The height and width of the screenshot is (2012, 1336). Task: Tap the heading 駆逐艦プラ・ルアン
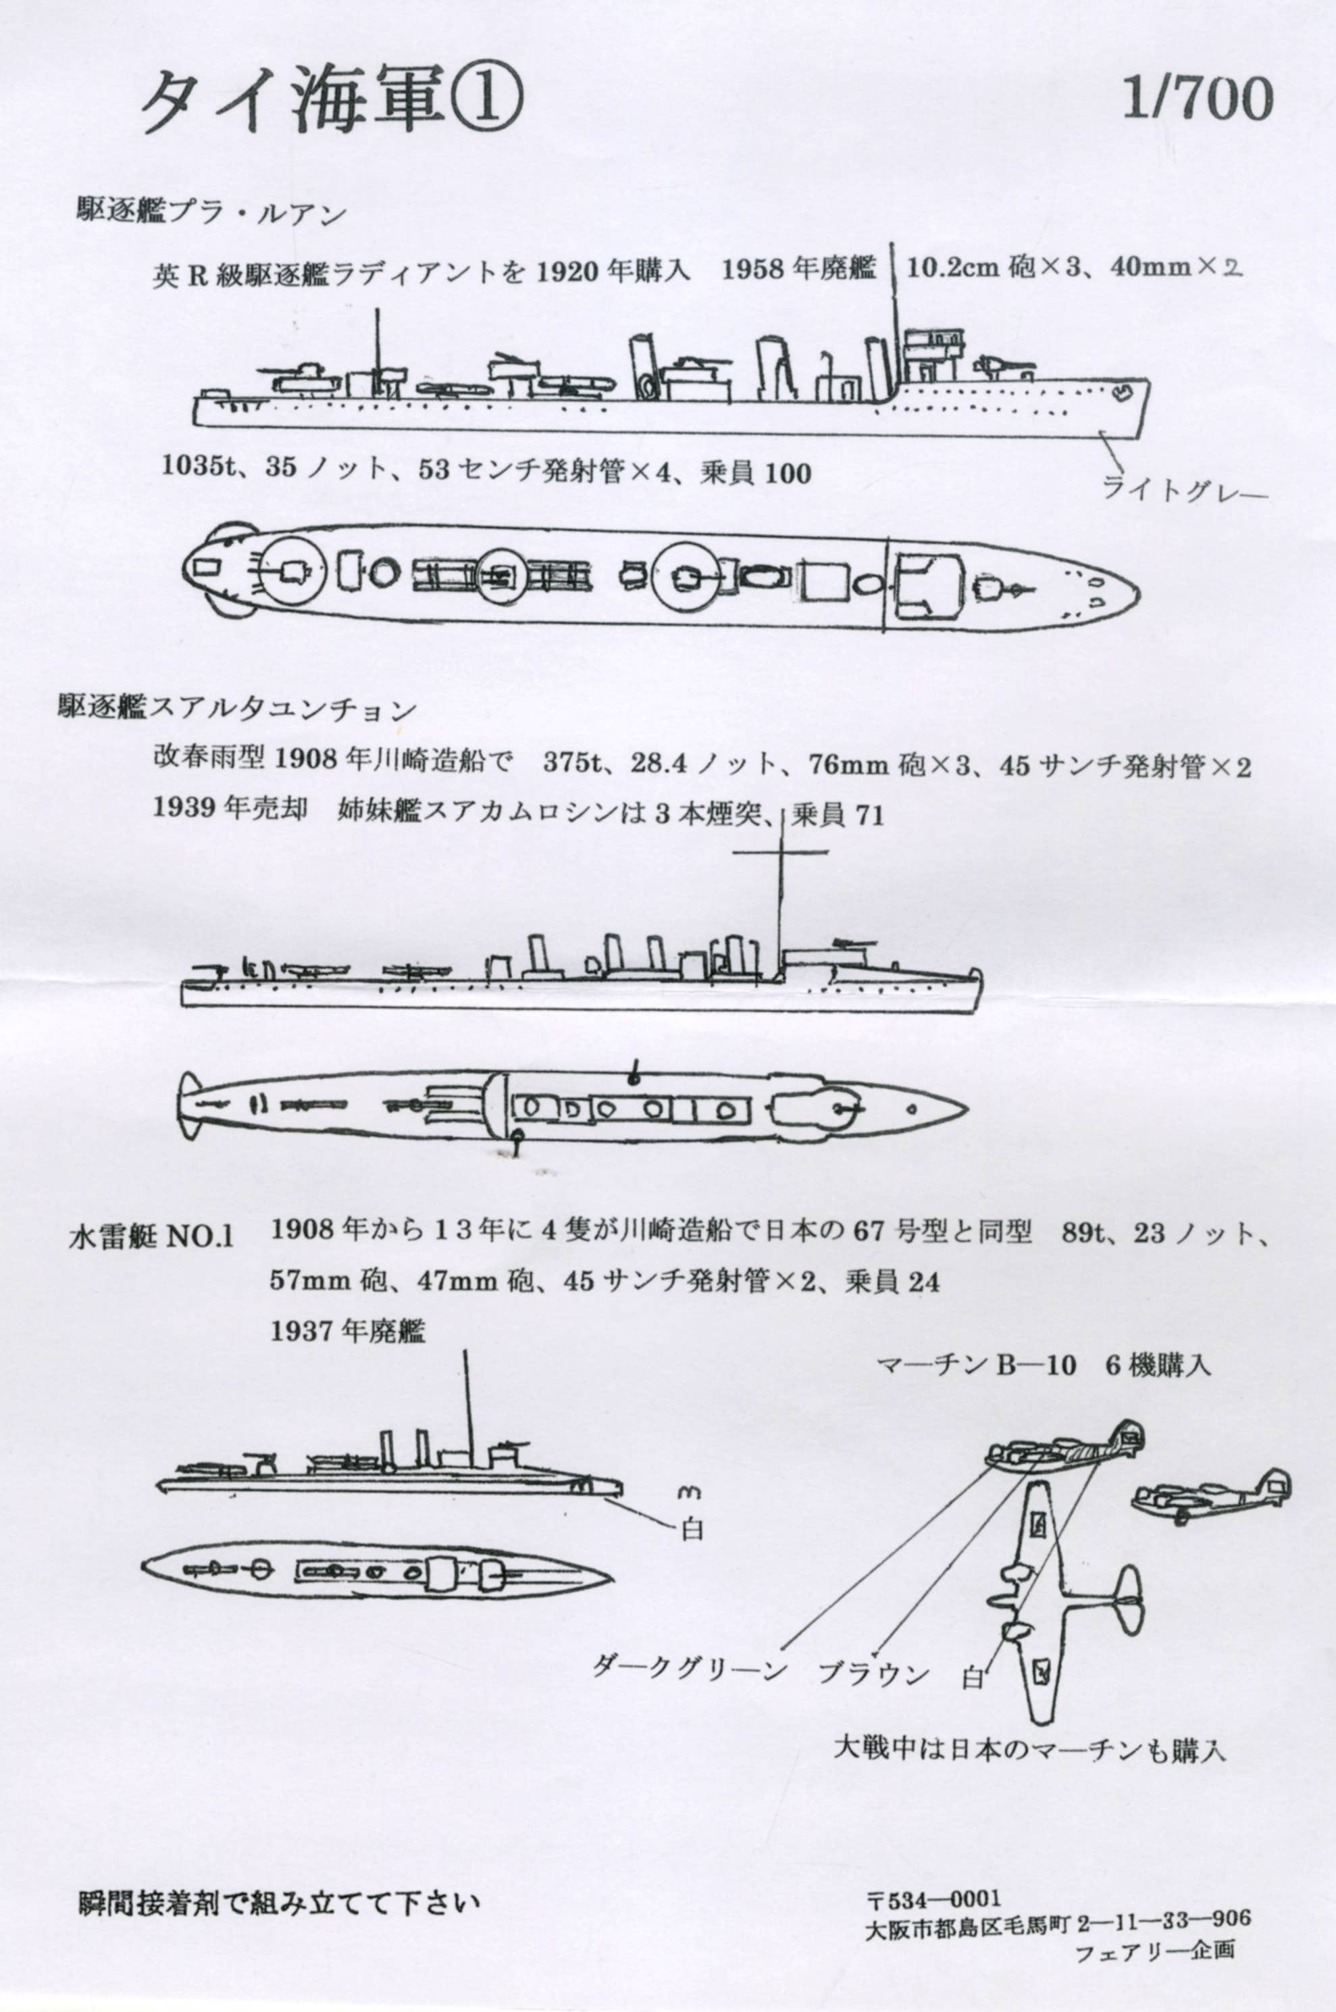coord(212,212)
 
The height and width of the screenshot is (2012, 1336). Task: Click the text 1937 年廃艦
coord(346,1331)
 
